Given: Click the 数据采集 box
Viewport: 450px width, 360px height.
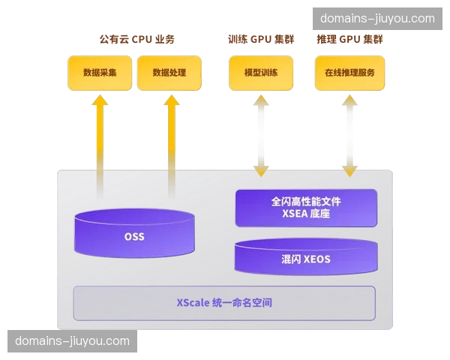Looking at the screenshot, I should click(x=100, y=73).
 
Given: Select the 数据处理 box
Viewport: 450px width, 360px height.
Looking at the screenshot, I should click(x=169, y=73).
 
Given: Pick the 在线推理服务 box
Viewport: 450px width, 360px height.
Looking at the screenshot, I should click(x=349, y=73).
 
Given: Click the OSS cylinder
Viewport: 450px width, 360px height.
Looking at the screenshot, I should click(x=134, y=235).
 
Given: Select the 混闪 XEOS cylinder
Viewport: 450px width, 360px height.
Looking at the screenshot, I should click(x=305, y=258).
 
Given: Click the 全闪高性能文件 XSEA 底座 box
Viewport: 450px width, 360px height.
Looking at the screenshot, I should click(x=305, y=207).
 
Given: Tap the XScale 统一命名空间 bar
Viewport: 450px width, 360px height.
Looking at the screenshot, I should click(x=223, y=303).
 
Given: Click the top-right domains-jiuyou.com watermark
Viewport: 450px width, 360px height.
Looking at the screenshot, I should click(x=377, y=19).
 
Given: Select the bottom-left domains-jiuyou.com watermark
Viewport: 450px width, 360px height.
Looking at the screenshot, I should click(x=72, y=341).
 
